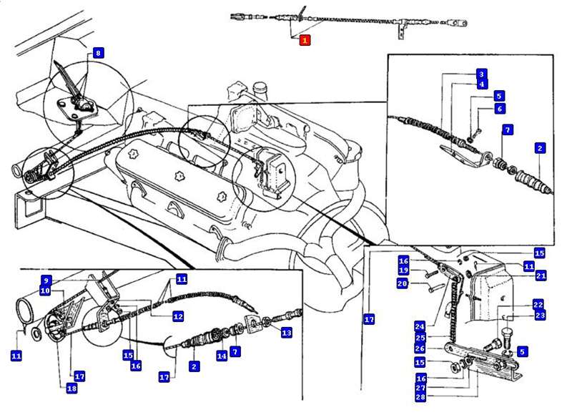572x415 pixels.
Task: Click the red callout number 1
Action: click(x=305, y=40)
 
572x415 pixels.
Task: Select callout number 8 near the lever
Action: click(x=98, y=52)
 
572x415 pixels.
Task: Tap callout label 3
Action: click(x=482, y=74)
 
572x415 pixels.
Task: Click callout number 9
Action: click(x=45, y=280)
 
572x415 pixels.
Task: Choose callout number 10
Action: click(x=45, y=290)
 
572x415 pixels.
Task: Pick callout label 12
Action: click(x=178, y=316)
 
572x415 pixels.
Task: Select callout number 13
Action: click(x=286, y=333)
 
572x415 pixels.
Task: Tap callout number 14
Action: click(x=222, y=355)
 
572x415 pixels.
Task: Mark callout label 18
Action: click(x=71, y=389)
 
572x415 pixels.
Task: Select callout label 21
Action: click(x=541, y=275)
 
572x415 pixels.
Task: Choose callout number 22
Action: click(x=538, y=304)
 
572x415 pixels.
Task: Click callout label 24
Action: click(x=420, y=326)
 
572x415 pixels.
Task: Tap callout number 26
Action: click(x=420, y=348)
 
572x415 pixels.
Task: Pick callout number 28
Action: click(x=420, y=397)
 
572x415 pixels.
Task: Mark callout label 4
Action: click(x=482, y=84)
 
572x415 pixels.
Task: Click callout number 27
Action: click(x=420, y=388)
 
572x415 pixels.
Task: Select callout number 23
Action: click(x=538, y=314)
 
